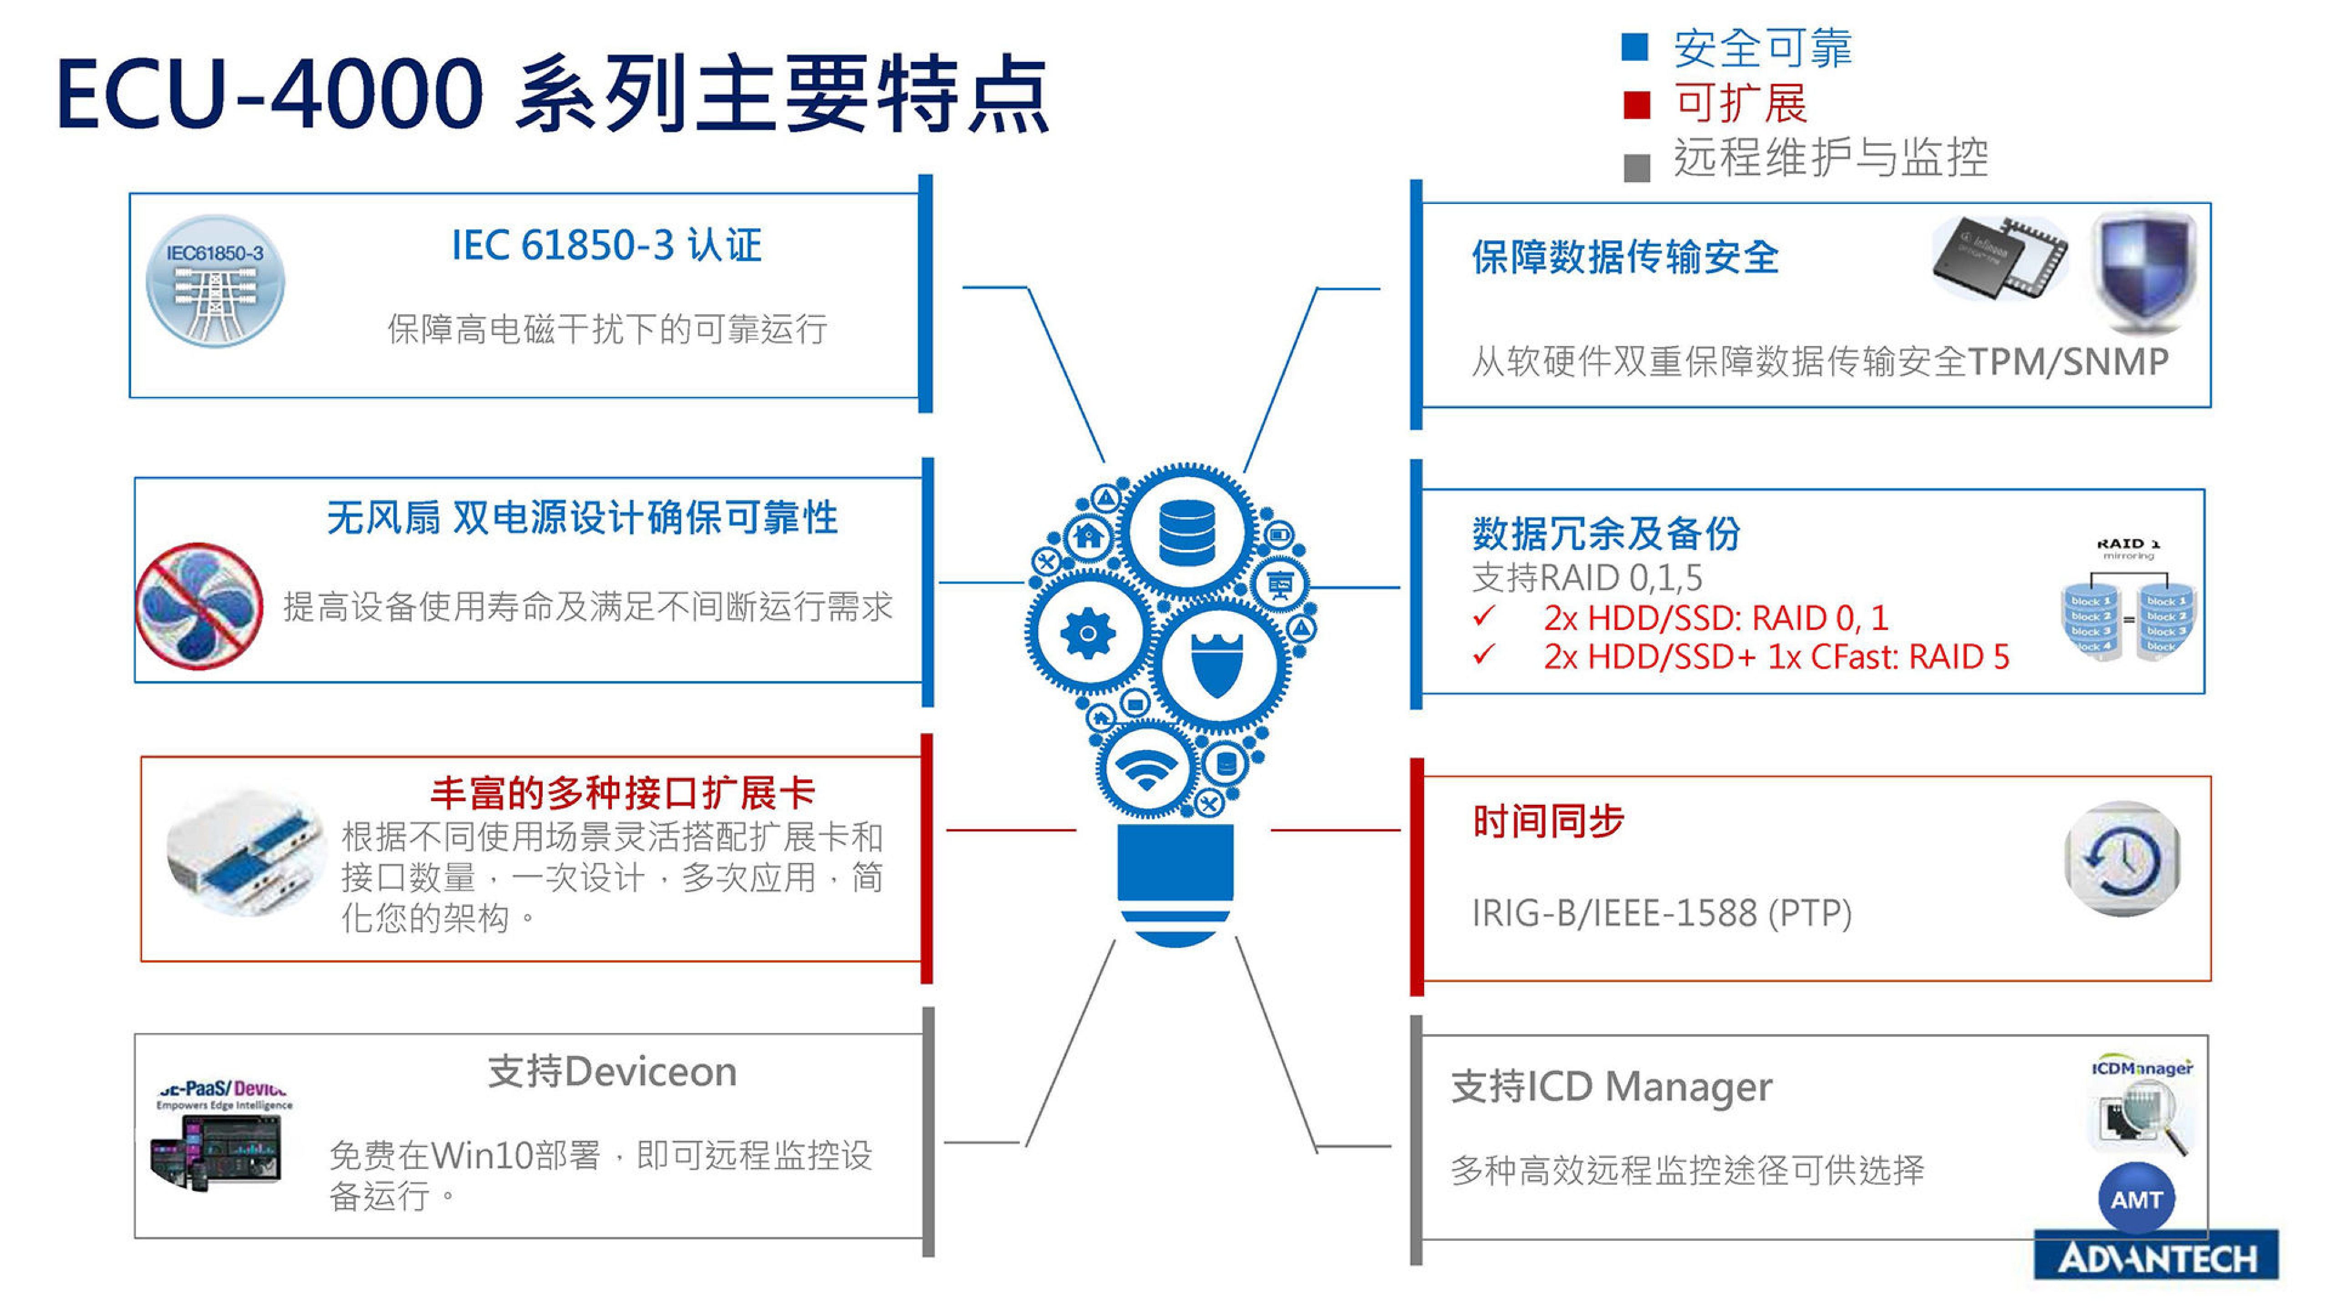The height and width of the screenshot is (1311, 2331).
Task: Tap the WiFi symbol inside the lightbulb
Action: pyautogui.click(x=1145, y=770)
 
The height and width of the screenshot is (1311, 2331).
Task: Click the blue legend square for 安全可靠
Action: pyautogui.click(x=1634, y=47)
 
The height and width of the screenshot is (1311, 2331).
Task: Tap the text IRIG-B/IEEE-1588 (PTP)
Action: pyautogui.click(x=1661, y=913)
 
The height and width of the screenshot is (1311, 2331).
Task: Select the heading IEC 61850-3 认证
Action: pyautogui.click(x=606, y=245)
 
